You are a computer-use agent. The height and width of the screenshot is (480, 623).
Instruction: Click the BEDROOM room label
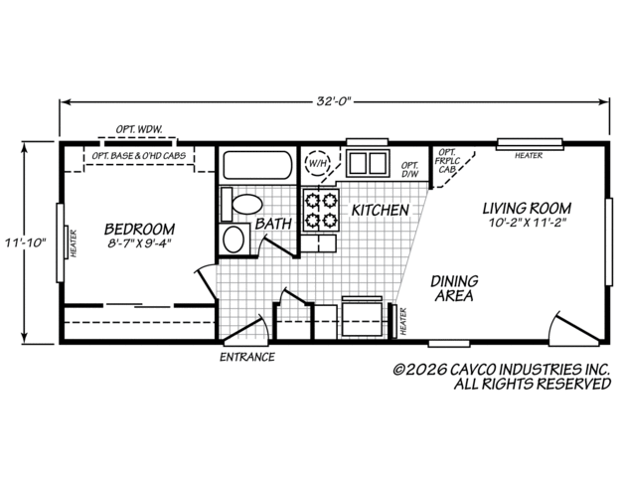[139, 230]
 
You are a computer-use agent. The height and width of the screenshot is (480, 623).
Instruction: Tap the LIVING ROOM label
[527, 209]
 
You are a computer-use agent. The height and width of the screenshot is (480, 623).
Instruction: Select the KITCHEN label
[381, 211]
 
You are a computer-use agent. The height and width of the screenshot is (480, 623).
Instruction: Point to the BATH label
[274, 224]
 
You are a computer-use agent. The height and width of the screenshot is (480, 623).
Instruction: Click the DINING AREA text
[454, 288]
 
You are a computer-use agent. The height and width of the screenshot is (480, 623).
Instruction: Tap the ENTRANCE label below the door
[247, 357]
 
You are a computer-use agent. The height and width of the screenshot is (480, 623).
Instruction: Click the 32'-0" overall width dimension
[335, 101]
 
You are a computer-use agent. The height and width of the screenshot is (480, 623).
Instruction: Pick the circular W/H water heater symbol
[317, 162]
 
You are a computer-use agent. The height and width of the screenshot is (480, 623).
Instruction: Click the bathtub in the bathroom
[258, 165]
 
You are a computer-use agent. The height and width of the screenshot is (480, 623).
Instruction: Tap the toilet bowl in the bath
[247, 205]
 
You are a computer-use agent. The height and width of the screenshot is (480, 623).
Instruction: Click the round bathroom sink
[234, 240]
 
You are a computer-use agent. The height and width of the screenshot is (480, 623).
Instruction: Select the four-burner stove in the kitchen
[321, 211]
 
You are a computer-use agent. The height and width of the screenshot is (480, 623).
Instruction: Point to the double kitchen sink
[368, 163]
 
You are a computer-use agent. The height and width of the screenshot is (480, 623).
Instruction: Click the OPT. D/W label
[410, 170]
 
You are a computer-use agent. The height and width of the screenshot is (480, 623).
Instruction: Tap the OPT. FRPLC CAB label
[447, 161]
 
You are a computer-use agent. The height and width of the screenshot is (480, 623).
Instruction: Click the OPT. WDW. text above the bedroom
[139, 129]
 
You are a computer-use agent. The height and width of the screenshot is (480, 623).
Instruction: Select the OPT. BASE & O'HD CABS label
[139, 155]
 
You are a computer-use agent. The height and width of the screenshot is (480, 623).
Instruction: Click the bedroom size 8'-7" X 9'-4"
[139, 243]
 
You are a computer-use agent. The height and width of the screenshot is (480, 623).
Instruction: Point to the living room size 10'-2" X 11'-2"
[528, 223]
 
